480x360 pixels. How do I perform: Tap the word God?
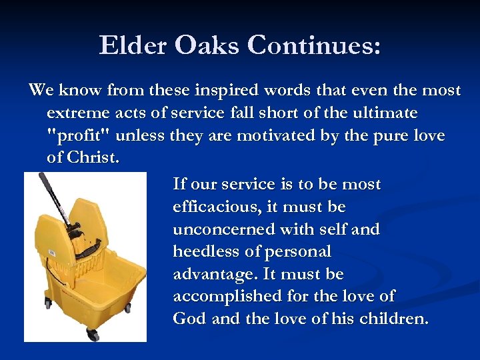pyautogui.click(x=190, y=319)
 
